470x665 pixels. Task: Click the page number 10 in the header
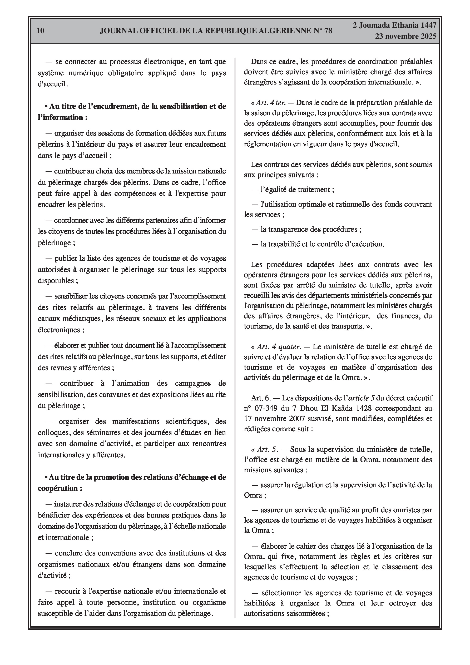(41, 31)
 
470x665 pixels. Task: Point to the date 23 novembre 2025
(406, 37)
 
